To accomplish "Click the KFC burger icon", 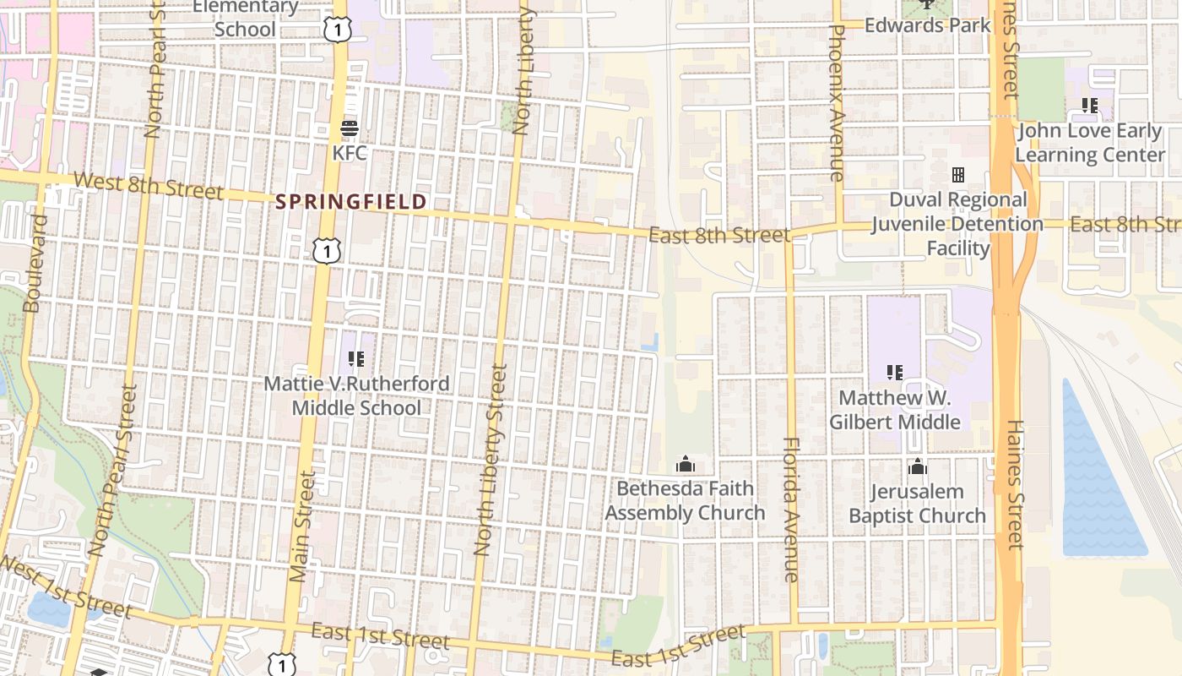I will point(350,129).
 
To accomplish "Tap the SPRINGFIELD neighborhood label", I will point(351,202).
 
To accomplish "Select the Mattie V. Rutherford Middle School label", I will point(356,395).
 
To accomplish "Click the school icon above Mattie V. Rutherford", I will point(356,359).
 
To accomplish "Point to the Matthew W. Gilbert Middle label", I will point(895,410).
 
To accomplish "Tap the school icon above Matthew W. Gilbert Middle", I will point(895,372).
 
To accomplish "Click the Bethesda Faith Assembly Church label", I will point(685,500).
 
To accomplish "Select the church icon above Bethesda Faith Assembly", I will point(686,464).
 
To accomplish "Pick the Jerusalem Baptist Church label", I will point(917,504).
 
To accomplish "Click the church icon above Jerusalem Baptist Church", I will point(918,466).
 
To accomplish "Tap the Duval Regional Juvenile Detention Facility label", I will point(957,224).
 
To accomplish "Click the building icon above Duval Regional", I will point(958,175).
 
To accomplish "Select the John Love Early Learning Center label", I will point(1090,143).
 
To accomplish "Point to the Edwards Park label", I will point(927,25).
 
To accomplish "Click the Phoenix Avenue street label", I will point(837,101).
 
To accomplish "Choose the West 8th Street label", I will point(149,186).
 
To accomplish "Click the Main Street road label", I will point(301,528).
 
